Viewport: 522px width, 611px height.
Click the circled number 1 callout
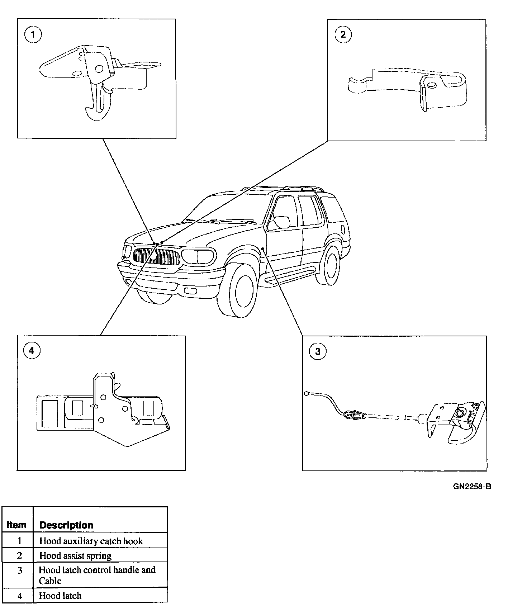[x=33, y=35]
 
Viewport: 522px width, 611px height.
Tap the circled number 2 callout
[x=343, y=34]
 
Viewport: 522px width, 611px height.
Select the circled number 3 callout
[x=318, y=351]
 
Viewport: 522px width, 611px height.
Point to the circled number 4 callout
[x=32, y=350]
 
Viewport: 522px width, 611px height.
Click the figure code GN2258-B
[x=472, y=487]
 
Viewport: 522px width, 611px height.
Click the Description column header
[x=66, y=525]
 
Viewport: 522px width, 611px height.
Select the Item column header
[x=17, y=525]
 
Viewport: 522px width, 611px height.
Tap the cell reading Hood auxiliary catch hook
[x=91, y=541]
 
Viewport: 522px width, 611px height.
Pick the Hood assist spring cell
[x=75, y=556]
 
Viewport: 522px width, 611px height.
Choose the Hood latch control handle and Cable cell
[x=97, y=575]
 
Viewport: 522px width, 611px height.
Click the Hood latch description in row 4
[x=60, y=596]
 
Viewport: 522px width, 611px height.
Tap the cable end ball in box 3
[x=307, y=394]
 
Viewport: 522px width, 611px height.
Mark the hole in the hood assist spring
[x=432, y=85]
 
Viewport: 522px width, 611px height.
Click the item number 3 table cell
[x=20, y=570]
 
